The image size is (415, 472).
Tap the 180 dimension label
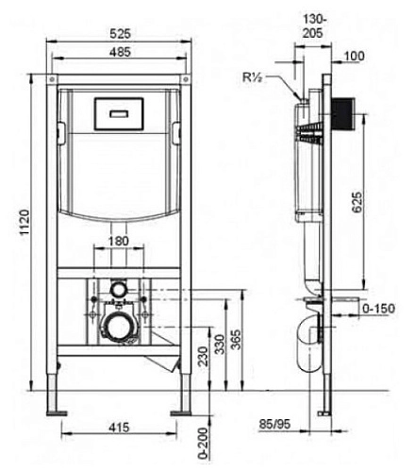(120, 240)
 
